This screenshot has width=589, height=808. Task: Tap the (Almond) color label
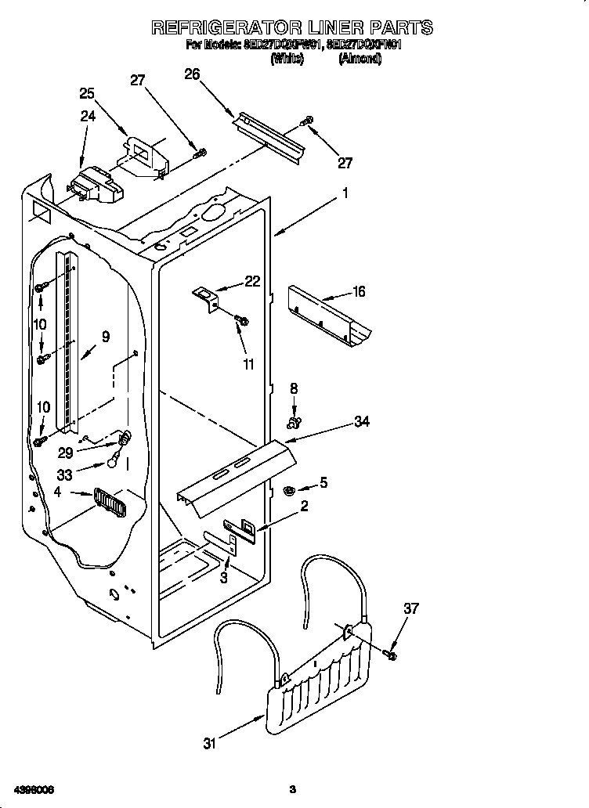coord(360,59)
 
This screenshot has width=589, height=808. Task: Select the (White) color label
coord(287,59)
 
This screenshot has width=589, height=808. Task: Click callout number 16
coord(358,292)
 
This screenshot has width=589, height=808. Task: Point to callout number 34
coord(361,422)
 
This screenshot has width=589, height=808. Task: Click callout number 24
coord(88,116)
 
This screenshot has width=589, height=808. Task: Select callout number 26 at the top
coord(193,74)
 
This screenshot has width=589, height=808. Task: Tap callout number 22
coord(251,282)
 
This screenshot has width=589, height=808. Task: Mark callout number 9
coord(104,337)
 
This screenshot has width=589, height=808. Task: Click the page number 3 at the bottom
coord(292,788)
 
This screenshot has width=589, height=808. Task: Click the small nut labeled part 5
coord(288,491)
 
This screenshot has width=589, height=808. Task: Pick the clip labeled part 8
coord(294,424)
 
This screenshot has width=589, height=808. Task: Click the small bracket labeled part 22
coord(206,298)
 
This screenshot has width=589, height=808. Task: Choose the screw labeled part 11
coord(242,319)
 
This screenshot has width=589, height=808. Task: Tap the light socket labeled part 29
coord(122,439)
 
